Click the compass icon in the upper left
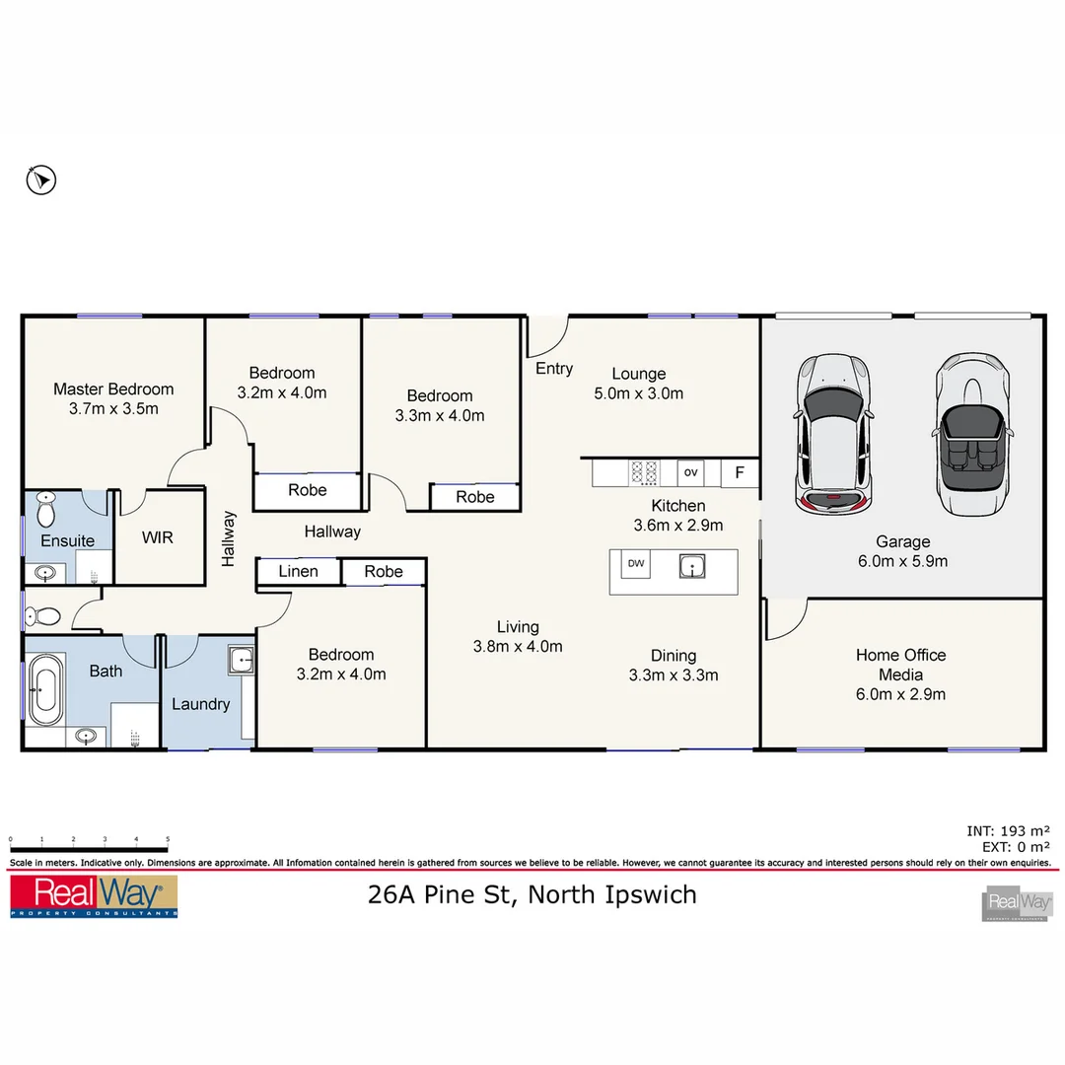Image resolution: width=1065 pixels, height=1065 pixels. (40, 179)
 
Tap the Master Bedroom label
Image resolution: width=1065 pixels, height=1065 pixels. (113, 390)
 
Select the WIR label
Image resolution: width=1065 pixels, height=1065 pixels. (158, 538)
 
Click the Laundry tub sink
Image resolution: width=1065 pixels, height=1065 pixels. (241, 660)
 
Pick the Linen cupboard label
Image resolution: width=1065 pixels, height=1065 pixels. (298, 571)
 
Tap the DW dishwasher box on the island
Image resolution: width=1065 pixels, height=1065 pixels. (636, 564)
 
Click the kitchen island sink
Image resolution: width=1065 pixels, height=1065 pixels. (693, 566)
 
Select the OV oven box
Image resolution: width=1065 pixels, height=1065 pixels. (690, 473)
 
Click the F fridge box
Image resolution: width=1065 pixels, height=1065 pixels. (739, 473)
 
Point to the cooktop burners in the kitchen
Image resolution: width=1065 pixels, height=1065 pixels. (644, 473)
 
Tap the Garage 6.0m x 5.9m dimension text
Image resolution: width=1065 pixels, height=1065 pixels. (902, 561)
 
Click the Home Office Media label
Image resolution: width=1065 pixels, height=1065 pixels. (900, 665)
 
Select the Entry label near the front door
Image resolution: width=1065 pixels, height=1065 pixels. (554, 369)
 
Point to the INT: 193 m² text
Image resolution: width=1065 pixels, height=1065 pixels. (1008, 831)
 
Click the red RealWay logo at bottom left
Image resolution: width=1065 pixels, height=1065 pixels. (94, 895)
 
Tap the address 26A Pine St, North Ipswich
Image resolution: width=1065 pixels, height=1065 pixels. (532, 894)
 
